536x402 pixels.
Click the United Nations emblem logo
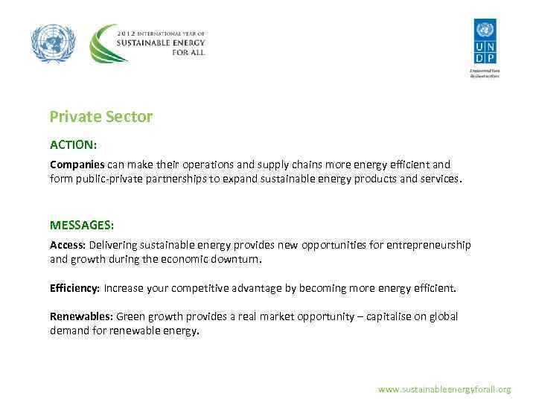click(54, 44)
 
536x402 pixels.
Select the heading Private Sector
click(100, 117)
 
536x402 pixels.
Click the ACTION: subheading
click(73, 144)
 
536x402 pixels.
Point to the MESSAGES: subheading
click(82, 225)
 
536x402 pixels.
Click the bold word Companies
click(77, 165)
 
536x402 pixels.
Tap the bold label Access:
click(68, 245)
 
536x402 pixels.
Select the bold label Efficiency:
click(74, 287)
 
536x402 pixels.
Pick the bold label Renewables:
click(81, 316)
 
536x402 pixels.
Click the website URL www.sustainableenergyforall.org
click(444, 389)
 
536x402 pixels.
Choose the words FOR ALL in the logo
click(188, 53)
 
